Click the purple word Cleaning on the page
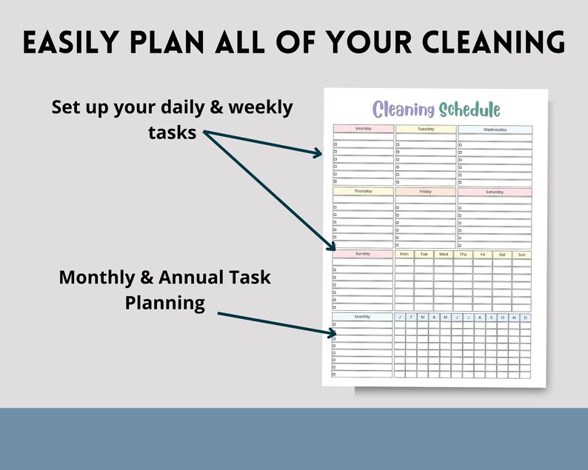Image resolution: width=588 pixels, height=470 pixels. click(x=404, y=110)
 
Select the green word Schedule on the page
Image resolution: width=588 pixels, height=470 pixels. click(x=470, y=110)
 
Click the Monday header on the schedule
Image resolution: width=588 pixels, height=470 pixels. click(x=363, y=129)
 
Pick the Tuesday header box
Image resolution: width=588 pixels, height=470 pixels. click(x=426, y=129)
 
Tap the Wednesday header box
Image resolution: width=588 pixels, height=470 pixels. click(x=495, y=130)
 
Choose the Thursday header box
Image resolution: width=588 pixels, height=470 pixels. click(x=363, y=192)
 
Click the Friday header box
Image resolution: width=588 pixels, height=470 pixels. click(x=426, y=192)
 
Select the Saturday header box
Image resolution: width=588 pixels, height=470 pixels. click(x=495, y=192)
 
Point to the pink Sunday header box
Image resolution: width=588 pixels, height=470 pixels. click(x=363, y=254)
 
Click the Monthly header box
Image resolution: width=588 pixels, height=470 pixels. click(x=363, y=316)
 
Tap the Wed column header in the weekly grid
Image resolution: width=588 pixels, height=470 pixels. click(x=444, y=254)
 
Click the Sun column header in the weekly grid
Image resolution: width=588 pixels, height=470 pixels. click(x=522, y=254)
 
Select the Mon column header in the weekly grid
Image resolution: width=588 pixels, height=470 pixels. click(x=404, y=254)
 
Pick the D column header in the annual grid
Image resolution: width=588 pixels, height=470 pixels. click(x=526, y=317)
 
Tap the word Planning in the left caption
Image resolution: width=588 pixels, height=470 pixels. click(x=164, y=303)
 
